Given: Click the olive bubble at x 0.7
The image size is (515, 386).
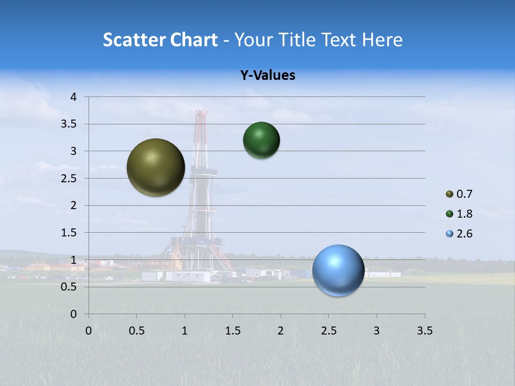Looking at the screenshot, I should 156,167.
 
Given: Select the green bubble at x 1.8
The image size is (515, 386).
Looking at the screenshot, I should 261,140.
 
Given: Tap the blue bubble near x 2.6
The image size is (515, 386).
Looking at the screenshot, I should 338,270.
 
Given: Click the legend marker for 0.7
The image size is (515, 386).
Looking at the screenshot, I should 450,194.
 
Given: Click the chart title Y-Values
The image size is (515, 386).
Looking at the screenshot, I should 267,76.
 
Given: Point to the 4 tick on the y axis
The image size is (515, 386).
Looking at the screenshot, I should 74,97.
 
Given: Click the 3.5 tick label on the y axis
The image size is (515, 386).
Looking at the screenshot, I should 70,124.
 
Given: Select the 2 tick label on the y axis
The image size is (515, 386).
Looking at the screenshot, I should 74,205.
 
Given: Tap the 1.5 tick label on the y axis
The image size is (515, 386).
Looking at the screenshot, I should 70,233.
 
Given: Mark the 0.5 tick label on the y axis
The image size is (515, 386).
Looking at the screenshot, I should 70,287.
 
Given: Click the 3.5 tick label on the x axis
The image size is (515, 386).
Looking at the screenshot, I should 424,331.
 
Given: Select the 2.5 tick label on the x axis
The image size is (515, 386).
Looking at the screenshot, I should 328,331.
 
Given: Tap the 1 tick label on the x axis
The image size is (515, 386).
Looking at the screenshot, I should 185,331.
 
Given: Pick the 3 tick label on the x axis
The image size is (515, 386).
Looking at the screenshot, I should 377,331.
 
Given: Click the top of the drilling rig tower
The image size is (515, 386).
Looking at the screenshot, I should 201,113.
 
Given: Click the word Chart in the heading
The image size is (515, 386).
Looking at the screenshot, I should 195,40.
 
